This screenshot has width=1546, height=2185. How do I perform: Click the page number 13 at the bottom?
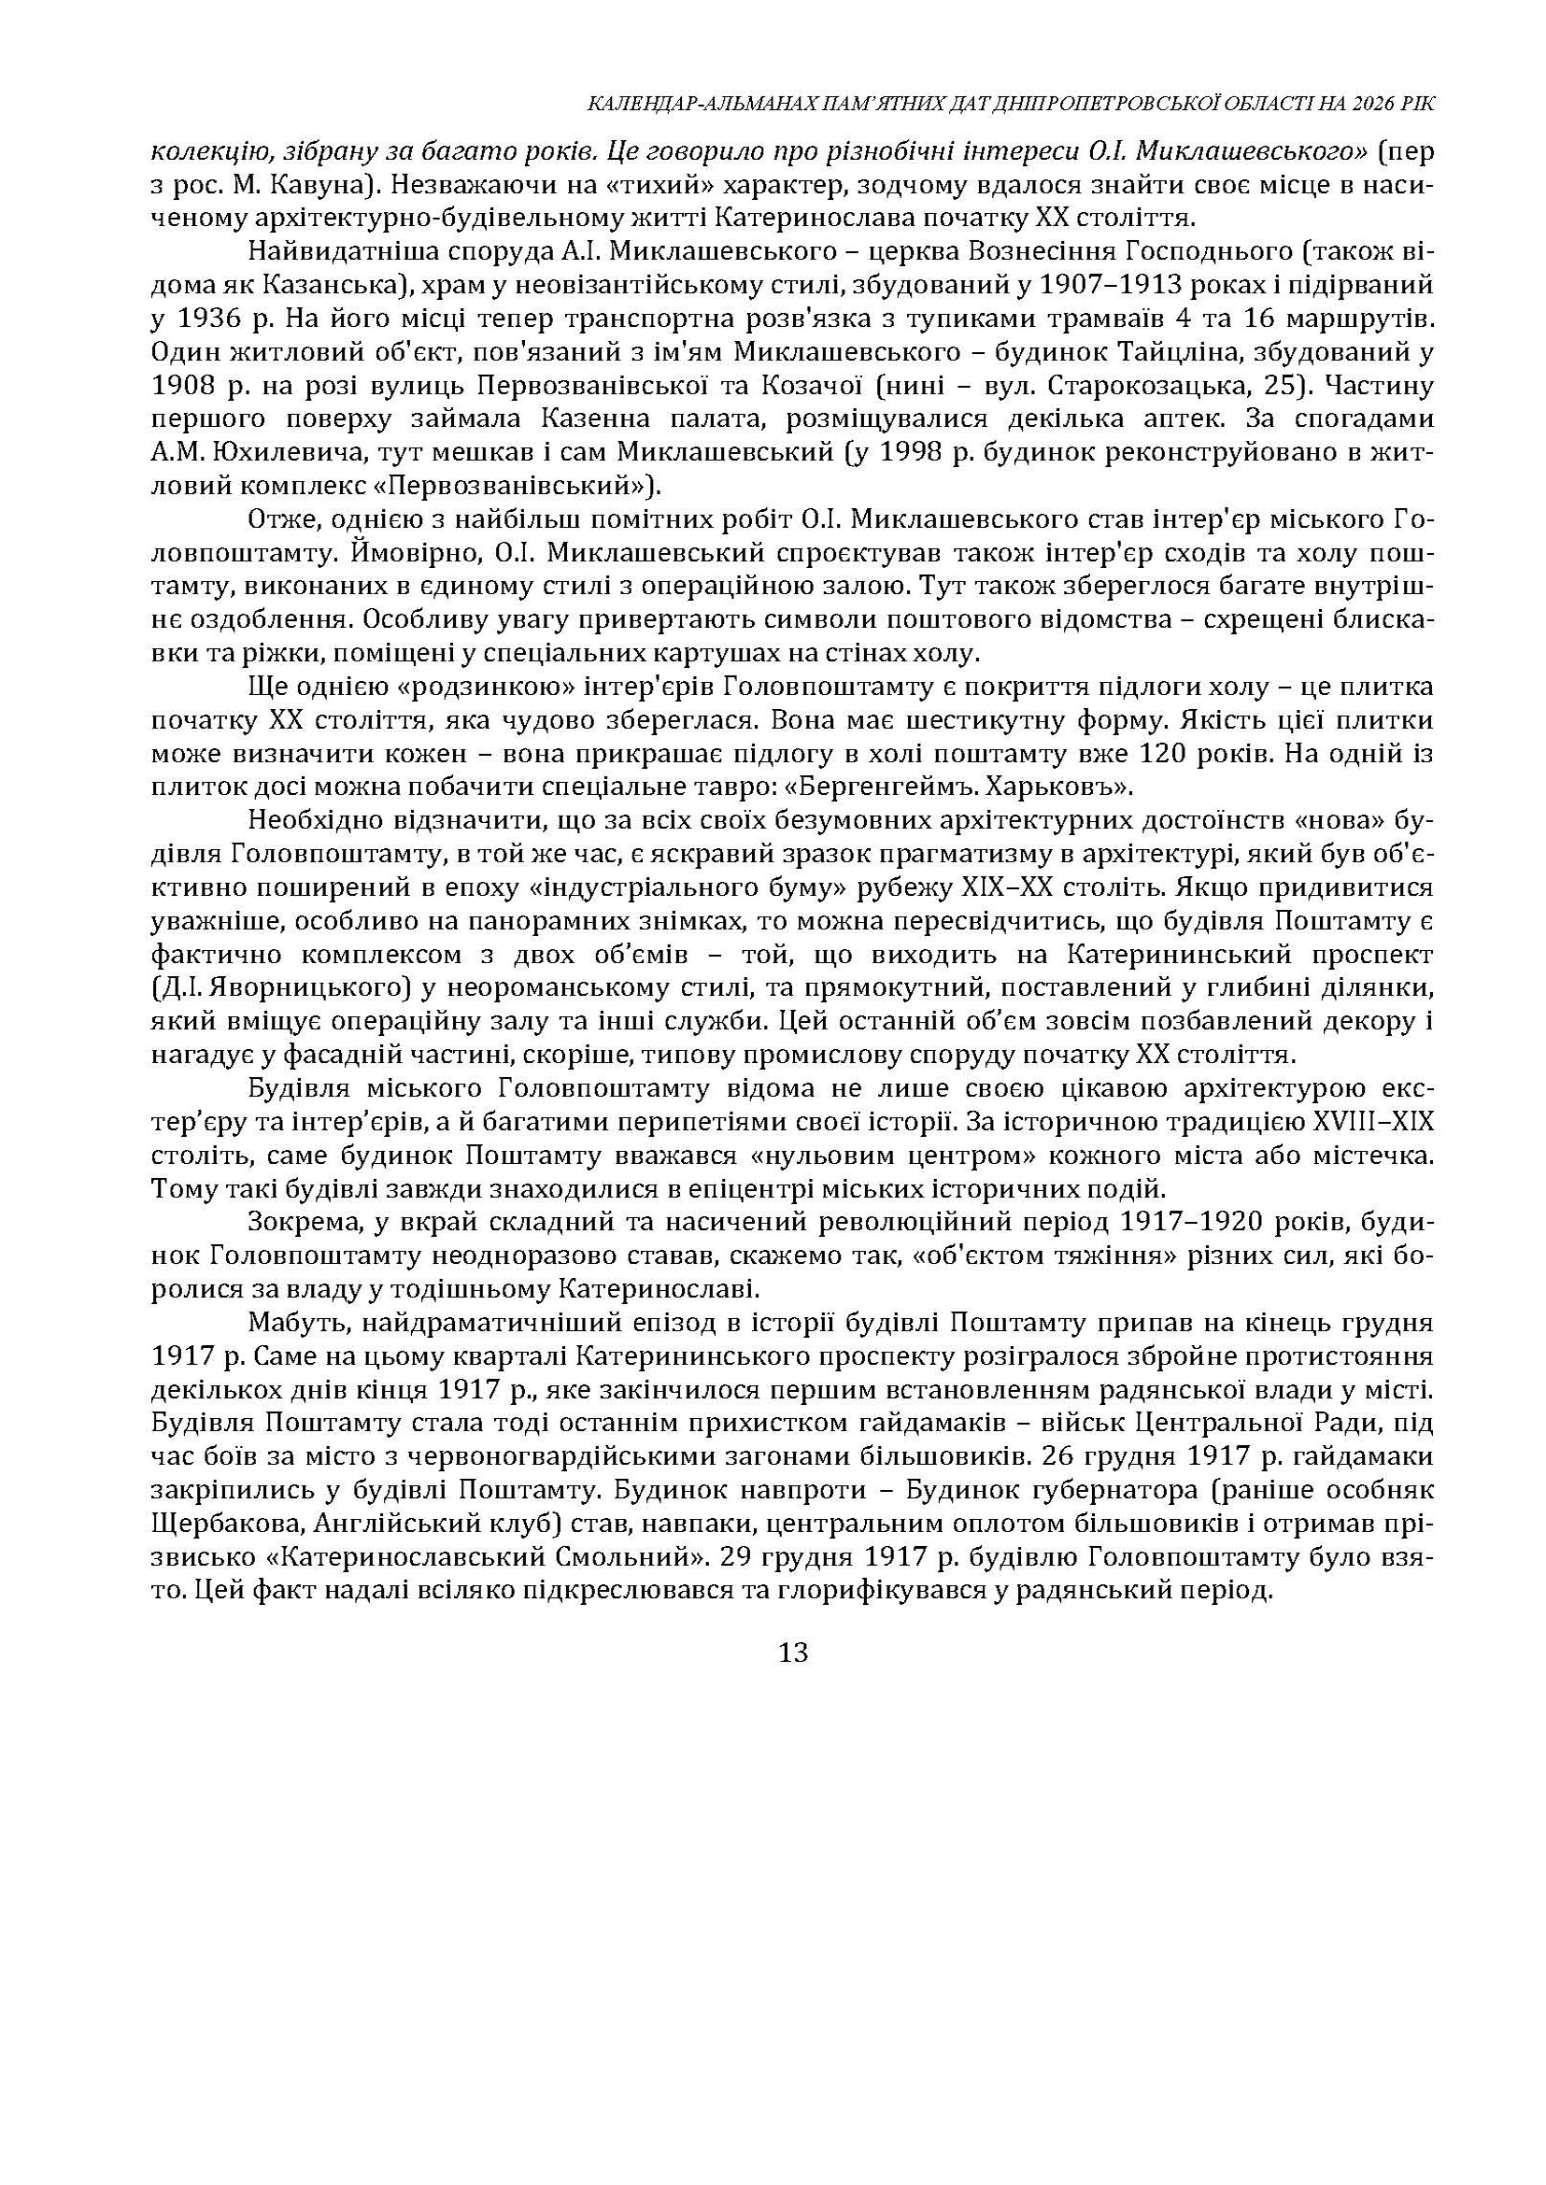click(x=793, y=1652)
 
